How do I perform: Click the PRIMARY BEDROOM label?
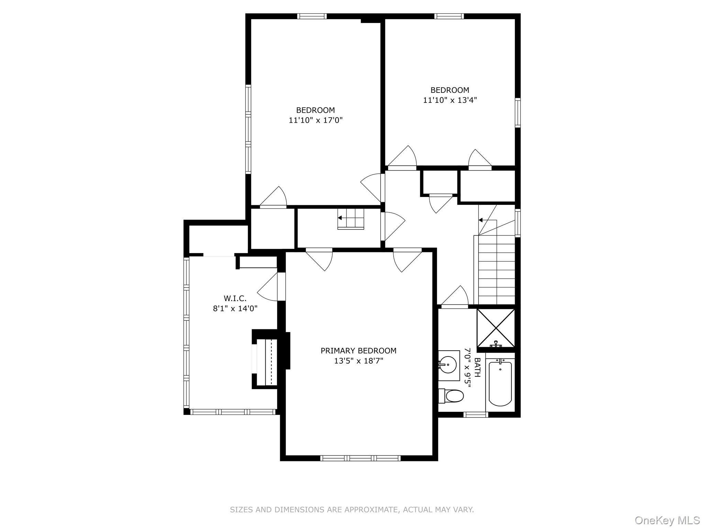point(358,351)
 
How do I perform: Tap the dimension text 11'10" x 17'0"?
point(316,120)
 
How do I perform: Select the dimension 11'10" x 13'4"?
point(450,100)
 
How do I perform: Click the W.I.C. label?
point(235,298)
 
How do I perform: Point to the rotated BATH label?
point(477,367)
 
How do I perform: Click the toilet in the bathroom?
point(452,396)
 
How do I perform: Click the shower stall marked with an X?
point(496,328)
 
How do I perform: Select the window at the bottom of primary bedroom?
point(360,458)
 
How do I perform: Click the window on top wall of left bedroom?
point(312,16)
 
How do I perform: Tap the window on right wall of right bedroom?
point(517,112)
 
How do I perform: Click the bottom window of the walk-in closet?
point(233,411)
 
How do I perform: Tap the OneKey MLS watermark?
point(667,520)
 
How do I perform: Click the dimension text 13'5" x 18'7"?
point(358,361)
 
